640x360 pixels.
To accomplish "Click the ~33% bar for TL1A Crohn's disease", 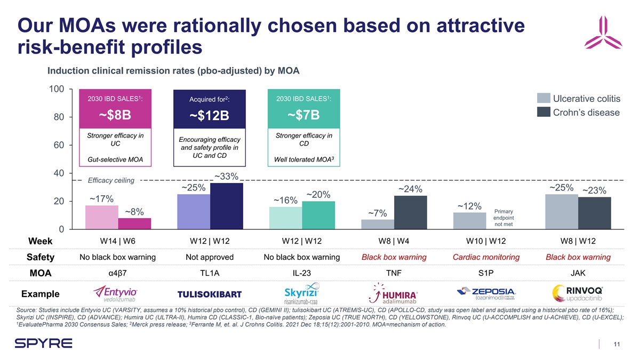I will pyautogui.click(x=227, y=206).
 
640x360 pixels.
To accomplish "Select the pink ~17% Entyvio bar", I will pyautogui.click(x=102, y=217).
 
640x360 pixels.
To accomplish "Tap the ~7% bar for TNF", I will pyautogui.click(x=378, y=224).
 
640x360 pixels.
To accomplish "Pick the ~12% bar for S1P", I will pyautogui.click(x=470, y=221).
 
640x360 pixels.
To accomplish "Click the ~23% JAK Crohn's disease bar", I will pyautogui.click(x=595, y=213).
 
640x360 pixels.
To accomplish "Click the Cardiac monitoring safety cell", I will pyautogui.click(x=486, y=257).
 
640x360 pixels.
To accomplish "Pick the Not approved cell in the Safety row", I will pyautogui.click(x=209, y=257).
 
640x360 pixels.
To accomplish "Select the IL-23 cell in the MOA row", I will pyautogui.click(x=301, y=273).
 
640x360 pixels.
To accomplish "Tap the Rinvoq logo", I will pyautogui.click(x=578, y=294).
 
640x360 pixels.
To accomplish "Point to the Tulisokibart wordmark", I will pyautogui.click(x=209, y=295).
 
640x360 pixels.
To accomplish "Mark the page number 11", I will pyautogui.click(x=617, y=345).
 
